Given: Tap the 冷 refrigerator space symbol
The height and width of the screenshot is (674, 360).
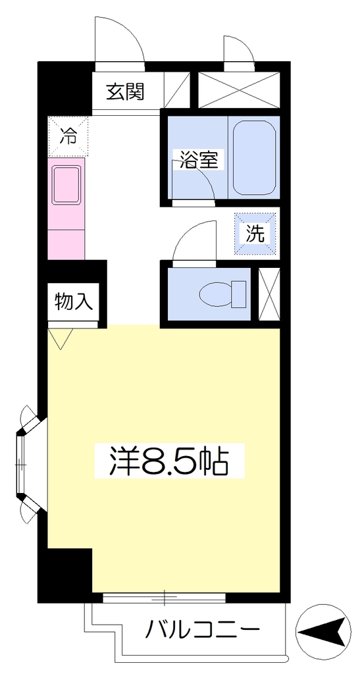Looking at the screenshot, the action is (68, 136).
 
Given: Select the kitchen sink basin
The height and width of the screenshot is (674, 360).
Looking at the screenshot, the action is (66, 185).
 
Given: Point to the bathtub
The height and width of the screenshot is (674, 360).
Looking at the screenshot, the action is (254, 157).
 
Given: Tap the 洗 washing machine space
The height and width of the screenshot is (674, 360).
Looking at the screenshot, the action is (255, 234).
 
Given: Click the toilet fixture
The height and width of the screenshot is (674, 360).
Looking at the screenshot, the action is (222, 294).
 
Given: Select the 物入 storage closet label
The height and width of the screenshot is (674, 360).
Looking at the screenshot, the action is (74, 302).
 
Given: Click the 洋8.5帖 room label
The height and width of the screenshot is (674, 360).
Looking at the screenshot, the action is (169, 460).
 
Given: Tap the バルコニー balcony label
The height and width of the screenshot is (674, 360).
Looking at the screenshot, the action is (202, 630).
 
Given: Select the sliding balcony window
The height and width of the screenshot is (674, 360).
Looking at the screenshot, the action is (164, 597).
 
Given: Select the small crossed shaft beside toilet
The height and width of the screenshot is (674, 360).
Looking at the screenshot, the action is (269, 294).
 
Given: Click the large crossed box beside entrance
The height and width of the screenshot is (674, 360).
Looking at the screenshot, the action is (238, 90).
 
